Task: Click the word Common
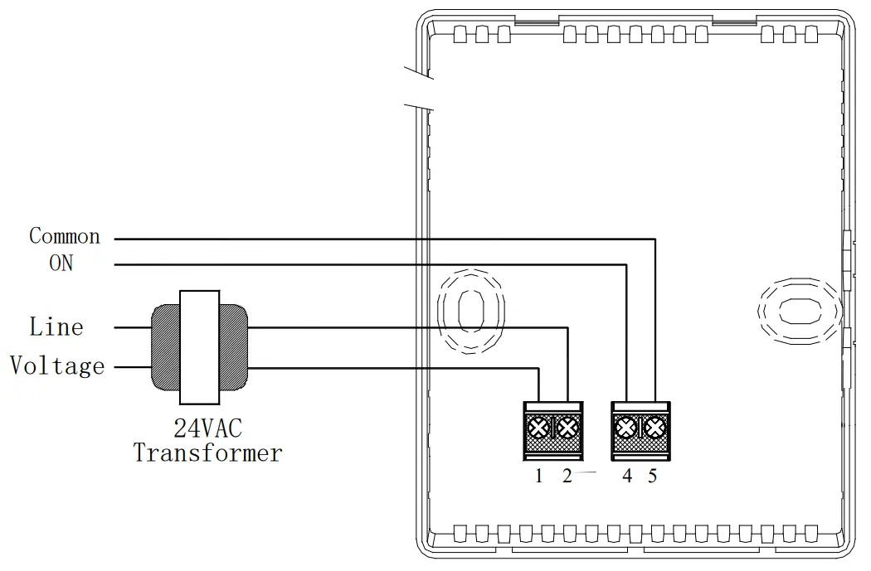coord(65,236)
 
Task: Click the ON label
coord(61,263)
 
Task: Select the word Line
coord(56,327)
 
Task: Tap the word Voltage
coord(57,365)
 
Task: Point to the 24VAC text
coord(208,428)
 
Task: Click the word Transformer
coord(208,453)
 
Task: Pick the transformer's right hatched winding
coord(233,347)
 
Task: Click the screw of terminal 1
coord(539,428)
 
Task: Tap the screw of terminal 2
coord(567,428)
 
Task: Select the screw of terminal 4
coord(626,428)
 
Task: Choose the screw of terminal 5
coord(654,428)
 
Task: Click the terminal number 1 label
coord(539,476)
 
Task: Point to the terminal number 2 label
coord(567,476)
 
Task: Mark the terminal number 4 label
coord(627,476)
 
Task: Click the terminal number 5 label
coord(653,476)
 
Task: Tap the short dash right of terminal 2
coord(586,472)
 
